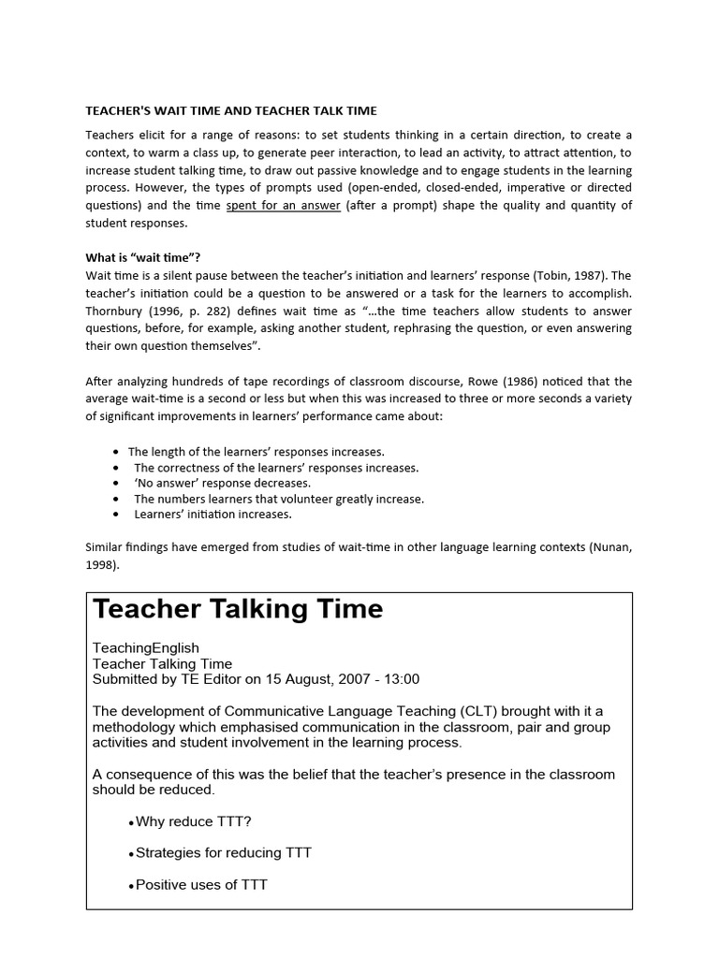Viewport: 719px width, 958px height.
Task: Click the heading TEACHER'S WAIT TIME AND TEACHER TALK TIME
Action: (x=230, y=110)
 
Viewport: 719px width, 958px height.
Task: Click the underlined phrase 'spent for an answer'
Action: (x=283, y=206)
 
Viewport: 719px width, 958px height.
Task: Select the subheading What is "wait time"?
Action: (x=143, y=258)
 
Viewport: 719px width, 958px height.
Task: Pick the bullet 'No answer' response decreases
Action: (x=222, y=484)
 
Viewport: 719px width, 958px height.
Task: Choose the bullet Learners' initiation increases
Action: (x=213, y=514)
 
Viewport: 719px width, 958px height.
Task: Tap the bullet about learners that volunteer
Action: (x=279, y=499)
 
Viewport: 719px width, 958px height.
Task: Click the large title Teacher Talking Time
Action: (x=238, y=609)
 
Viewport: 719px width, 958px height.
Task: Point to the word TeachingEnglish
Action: (x=145, y=647)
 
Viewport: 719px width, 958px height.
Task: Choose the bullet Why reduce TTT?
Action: (x=194, y=821)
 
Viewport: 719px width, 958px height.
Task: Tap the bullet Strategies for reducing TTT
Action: (x=224, y=852)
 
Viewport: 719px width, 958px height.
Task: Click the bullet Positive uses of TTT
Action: (x=201, y=884)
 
